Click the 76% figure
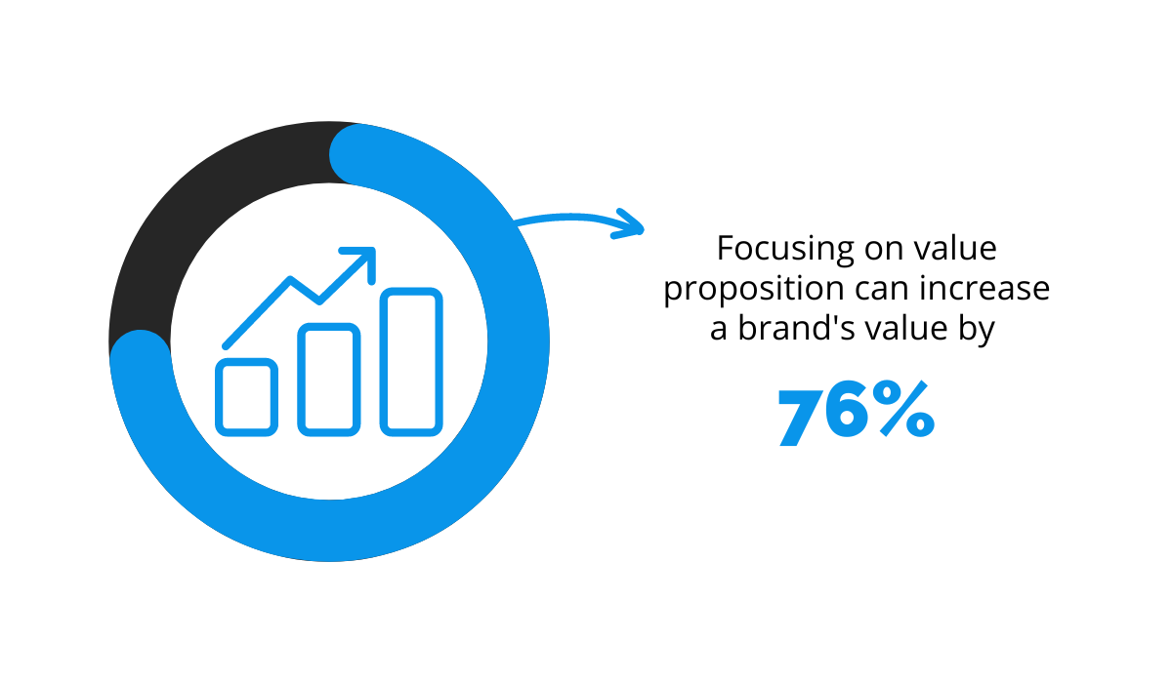(x=857, y=413)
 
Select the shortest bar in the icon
(x=246, y=397)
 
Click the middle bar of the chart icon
(x=328, y=380)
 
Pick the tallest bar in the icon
(x=411, y=362)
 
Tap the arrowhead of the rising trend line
(x=363, y=260)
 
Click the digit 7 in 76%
(x=802, y=417)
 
